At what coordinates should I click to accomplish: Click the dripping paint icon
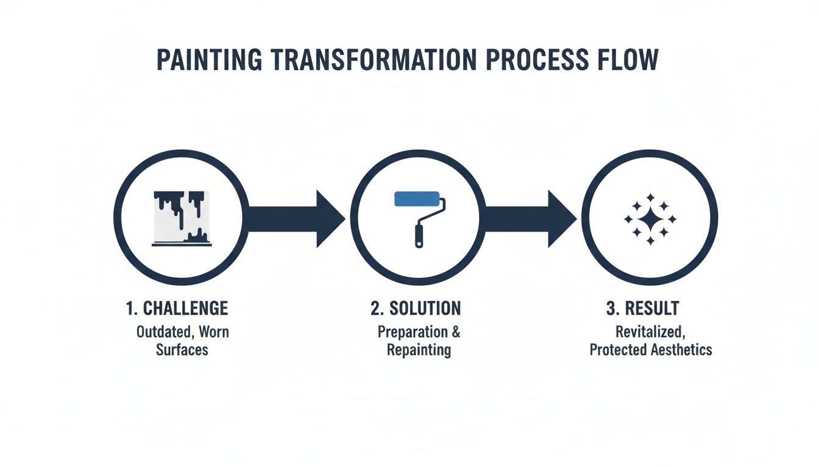click(x=181, y=218)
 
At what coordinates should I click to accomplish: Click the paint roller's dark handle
click(x=419, y=235)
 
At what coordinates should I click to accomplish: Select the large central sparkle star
click(x=650, y=219)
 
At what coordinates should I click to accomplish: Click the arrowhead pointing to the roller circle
click(x=330, y=218)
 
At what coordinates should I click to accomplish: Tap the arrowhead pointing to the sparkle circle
click(x=561, y=218)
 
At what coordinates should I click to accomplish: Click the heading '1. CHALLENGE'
click(x=177, y=308)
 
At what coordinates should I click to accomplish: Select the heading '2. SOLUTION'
click(x=416, y=308)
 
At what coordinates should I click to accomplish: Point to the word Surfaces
click(x=182, y=350)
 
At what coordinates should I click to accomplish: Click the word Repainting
click(x=419, y=350)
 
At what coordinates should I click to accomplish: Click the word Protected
click(x=614, y=350)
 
